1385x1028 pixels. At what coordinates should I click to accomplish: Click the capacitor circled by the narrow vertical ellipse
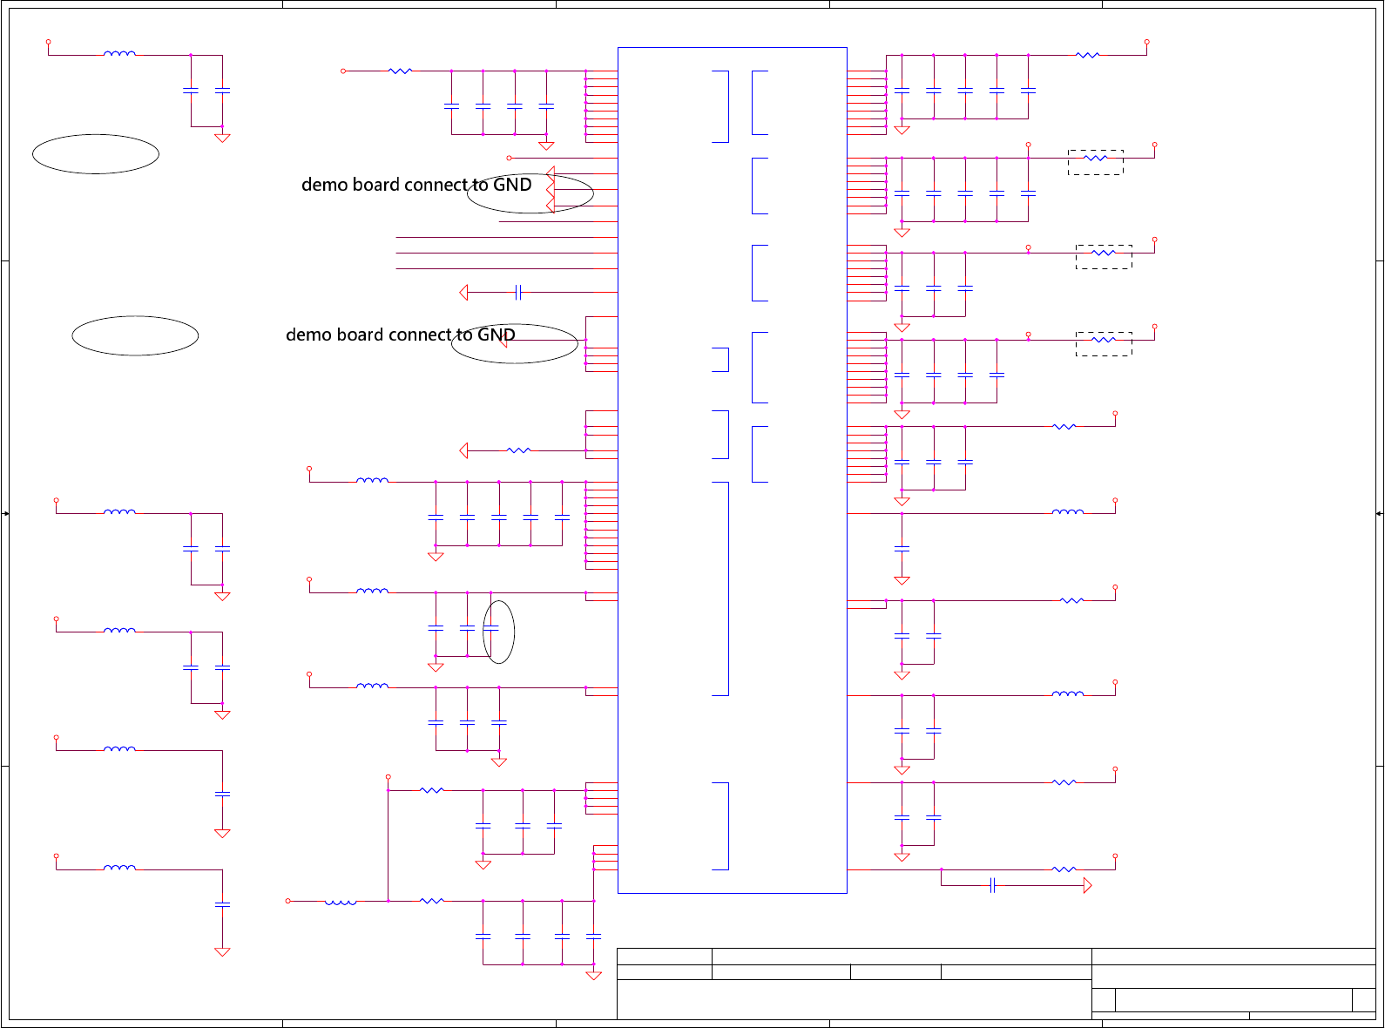click(x=491, y=627)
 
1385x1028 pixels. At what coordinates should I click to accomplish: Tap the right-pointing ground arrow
click(x=1087, y=886)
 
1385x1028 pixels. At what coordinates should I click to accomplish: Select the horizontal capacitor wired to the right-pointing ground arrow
click(x=992, y=886)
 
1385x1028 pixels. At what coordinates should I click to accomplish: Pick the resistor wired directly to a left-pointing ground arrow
click(x=518, y=450)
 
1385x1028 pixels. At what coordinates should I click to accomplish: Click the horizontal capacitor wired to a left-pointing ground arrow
click(x=518, y=292)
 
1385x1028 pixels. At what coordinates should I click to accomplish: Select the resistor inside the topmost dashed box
click(x=1095, y=158)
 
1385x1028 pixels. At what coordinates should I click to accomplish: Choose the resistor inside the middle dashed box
click(x=1103, y=253)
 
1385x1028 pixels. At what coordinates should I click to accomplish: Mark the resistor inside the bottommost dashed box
click(x=1103, y=340)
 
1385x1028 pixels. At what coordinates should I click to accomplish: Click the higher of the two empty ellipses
click(x=96, y=154)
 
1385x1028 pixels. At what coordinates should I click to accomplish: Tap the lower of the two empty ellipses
click(x=135, y=335)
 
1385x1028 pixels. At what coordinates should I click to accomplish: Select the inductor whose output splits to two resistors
click(x=341, y=902)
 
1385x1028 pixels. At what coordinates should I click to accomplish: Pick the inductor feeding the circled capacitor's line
click(x=372, y=592)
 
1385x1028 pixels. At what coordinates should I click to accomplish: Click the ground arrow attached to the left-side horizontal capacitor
click(x=463, y=293)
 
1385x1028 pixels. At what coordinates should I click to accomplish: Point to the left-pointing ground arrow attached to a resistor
click(x=463, y=450)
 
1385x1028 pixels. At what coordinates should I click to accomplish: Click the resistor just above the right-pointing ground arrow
click(x=1064, y=869)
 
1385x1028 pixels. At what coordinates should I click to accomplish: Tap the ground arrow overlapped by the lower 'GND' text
click(x=503, y=340)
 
